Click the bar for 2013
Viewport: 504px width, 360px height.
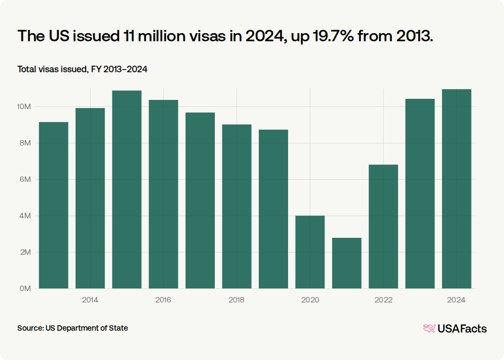54,205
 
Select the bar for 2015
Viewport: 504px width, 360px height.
127,190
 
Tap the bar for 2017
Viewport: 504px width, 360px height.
200,200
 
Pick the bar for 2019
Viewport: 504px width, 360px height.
273,209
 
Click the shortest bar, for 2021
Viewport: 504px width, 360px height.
347,263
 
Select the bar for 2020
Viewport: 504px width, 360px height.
310,252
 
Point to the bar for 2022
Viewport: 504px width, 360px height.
384,226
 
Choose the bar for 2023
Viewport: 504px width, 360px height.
420,194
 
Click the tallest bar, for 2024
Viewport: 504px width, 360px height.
457,189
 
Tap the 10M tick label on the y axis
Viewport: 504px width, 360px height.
24,106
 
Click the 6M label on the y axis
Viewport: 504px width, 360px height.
25,179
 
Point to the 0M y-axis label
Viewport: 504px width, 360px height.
25,288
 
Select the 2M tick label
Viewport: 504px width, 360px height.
25,252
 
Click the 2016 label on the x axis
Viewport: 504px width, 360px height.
163,300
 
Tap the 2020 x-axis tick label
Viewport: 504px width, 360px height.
310,300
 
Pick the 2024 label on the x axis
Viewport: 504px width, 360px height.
456,300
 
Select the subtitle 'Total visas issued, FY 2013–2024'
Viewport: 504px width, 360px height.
82,69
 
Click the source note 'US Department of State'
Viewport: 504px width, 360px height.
87,328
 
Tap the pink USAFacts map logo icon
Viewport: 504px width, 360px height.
430,329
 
